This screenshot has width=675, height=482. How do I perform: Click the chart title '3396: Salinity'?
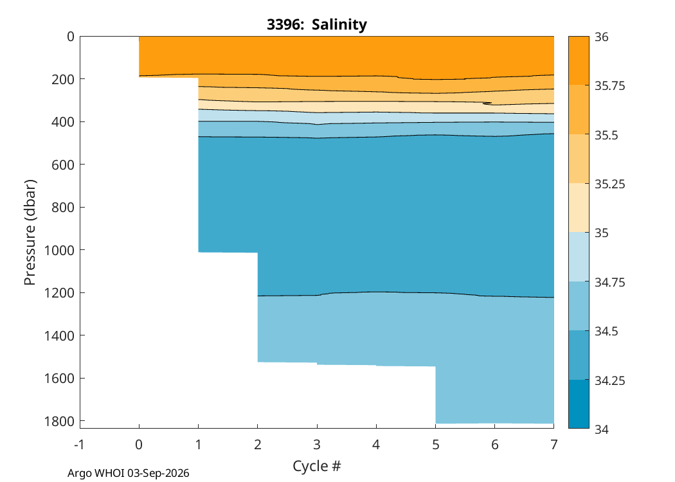pyautogui.click(x=317, y=24)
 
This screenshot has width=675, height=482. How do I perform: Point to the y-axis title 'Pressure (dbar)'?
pyautogui.click(x=30, y=233)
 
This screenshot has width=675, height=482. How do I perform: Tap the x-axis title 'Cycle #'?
pyautogui.click(x=317, y=466)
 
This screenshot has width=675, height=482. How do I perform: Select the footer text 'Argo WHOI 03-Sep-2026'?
pyautogui.click(x=129, y=473)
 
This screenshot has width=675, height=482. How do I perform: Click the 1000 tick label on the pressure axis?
pyautogui.click(x=59, y=250)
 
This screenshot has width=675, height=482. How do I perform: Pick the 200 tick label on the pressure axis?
pyautogui.click(x=63, y=79)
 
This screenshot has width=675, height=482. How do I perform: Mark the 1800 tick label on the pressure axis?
pyautogui.click(x=59, y=421)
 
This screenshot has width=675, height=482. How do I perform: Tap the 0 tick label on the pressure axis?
pyautogui.click(x=71, y=37)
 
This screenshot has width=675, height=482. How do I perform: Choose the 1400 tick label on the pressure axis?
pyautogui.click(x=59, y=335)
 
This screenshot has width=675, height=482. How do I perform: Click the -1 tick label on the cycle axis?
pyautogui.click(x=79, y=445)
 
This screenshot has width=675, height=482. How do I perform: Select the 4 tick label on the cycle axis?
pyautogui.click(x=376, y=445)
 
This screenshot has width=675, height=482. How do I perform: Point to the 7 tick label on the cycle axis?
pyautogui.click(x=554, y=445)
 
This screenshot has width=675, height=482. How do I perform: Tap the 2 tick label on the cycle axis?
pyautogui.click(x=257, y=445)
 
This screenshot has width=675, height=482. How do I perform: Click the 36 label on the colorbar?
pyautogui.click(x=602, y=37)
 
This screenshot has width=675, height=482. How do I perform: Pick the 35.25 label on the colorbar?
pyautogui.click(x=609, y=184)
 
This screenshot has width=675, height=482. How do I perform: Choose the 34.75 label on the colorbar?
pyautogui.click(x=609, y=282)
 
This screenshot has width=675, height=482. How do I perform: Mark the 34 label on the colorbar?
pyautogui.click(x=602, y=429)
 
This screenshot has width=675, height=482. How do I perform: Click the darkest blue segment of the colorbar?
pyautogui.click(x=579, y=404)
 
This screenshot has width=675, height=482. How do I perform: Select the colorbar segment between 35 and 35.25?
pyautogui.click(x=579, y=208)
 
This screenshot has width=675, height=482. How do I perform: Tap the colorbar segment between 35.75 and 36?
pyautogui.click(x=579, y=60)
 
